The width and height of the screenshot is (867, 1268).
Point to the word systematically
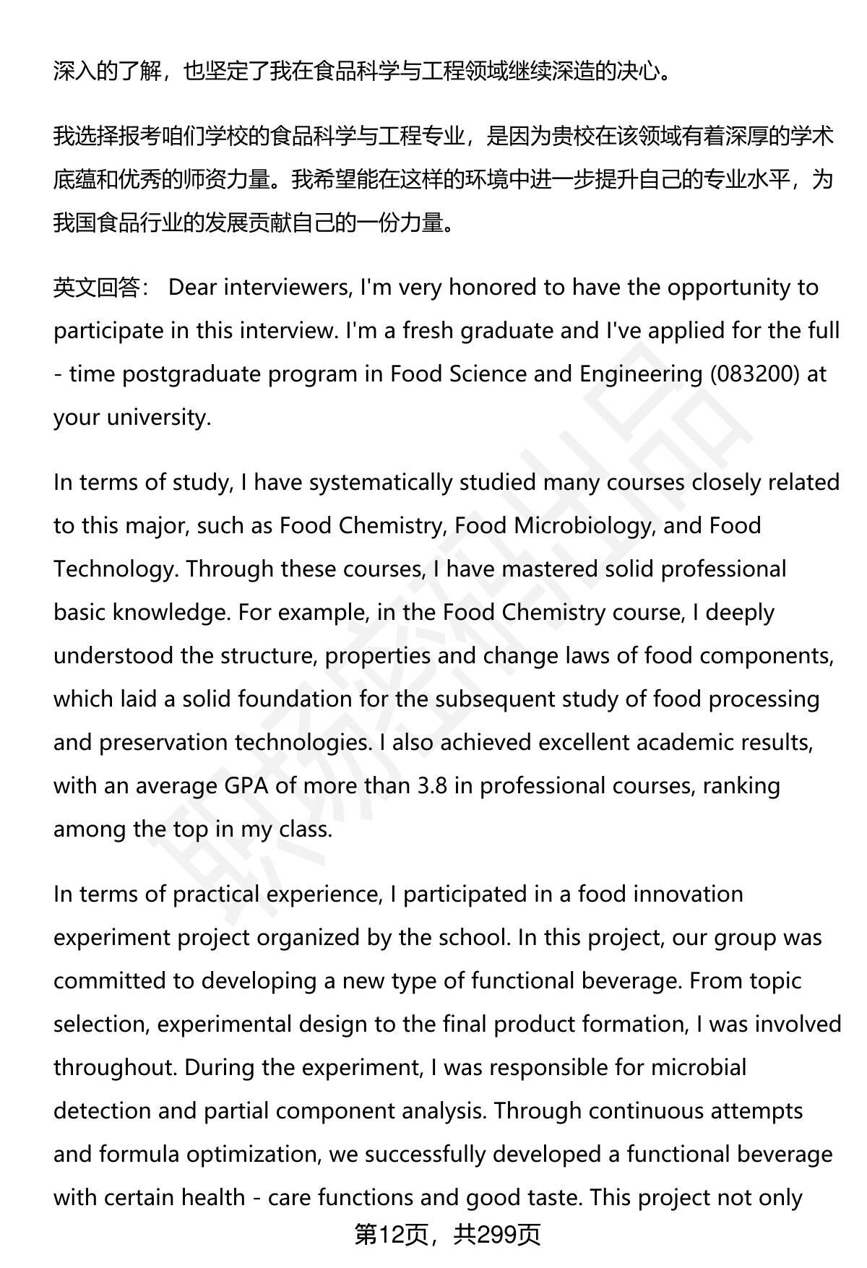tap(380, 483)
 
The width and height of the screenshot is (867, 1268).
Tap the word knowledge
tap(171, 613)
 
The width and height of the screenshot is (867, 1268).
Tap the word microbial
tap(699, 1068)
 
